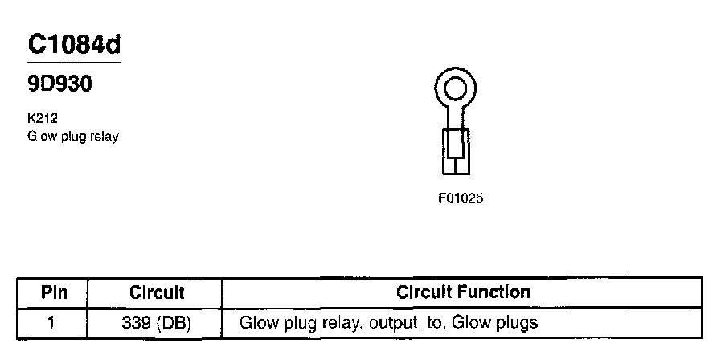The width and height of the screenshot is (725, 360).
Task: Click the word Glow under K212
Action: click(40, 137)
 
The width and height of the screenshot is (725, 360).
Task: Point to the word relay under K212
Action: click(103, 137)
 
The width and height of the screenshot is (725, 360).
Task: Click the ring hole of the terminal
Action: click(456, 85)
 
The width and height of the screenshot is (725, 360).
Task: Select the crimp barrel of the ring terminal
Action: click(455, 149)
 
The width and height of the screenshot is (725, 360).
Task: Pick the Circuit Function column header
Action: click(463, 292)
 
